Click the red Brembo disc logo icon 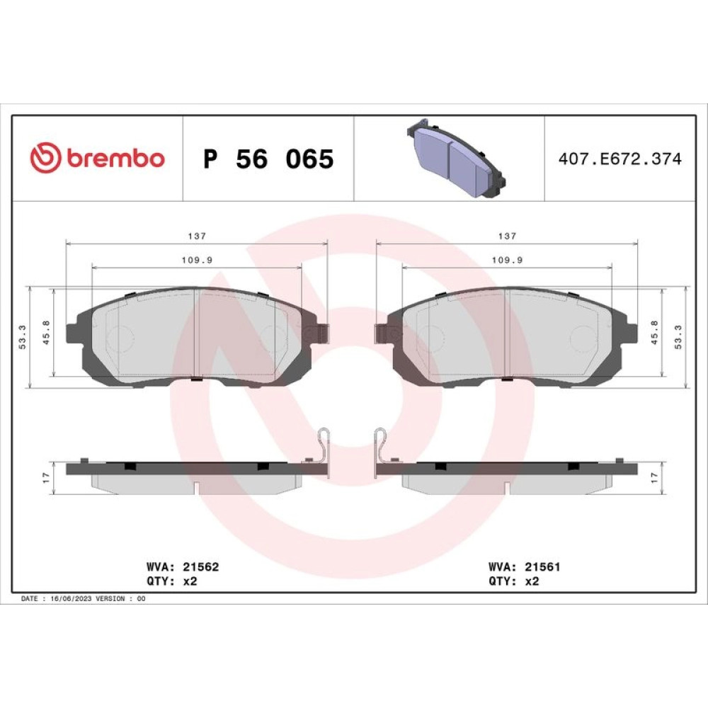click(x=45, y=158)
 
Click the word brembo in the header click(x=115, y=158)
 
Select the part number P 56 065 click(x=268, y=159)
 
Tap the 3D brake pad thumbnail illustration click(x=456, y=159)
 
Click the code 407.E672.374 click(x=620, y=159)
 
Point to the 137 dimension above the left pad click(x=197, y=236)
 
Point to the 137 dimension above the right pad click(x=507, y=236)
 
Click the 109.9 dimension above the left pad click(x=197, y=260)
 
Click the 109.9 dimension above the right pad click(x=507, y=260)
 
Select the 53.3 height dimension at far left click(x=23, y=337)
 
